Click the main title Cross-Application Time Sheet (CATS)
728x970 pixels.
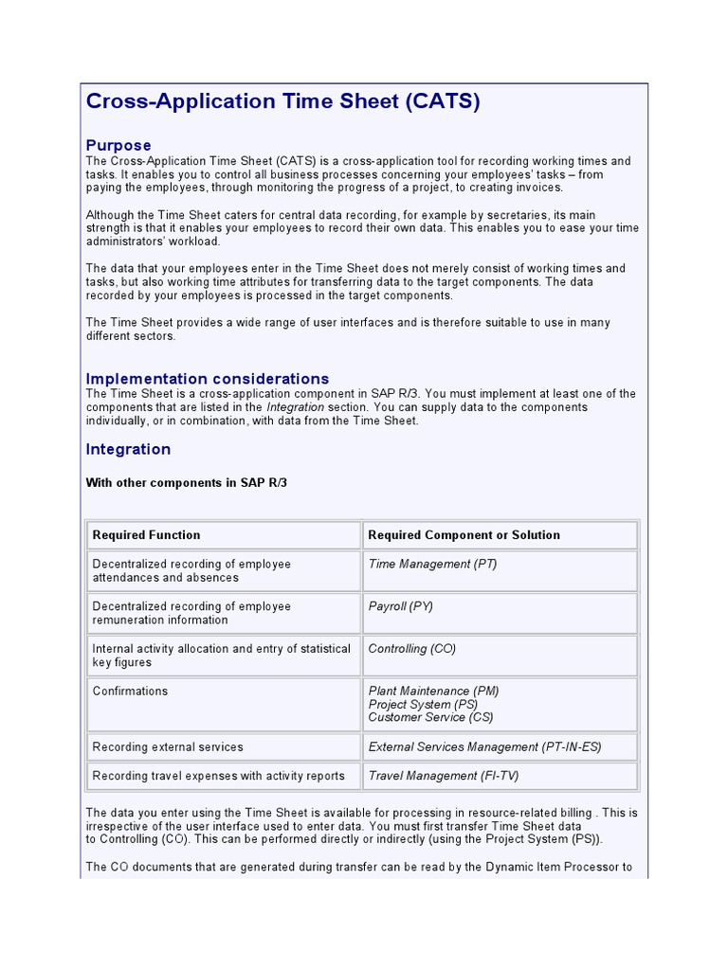click(282, 101)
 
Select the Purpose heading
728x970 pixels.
click(118, 145)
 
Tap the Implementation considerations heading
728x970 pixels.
click(208, 378)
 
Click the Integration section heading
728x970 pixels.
click(128, 449)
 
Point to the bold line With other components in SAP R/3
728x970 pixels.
click(186, 482)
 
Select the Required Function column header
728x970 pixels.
click(146, 535)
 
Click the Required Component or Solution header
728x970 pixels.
click(464, 535)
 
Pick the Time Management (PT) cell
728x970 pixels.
click(432, 564)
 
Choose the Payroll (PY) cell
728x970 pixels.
click(400, 606)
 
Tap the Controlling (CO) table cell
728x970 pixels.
click(411, 649)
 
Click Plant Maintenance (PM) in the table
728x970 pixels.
click(433, 691)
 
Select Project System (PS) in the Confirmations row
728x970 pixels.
click(423, 705)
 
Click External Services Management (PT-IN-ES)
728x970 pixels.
click(484, 747)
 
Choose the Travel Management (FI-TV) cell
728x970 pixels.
click(443, 776)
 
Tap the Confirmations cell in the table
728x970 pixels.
click(130, 692)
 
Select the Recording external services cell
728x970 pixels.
click(168, 747)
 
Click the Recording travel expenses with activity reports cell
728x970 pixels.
click(218, 776)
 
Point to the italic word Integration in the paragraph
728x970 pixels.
click(296, 407)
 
